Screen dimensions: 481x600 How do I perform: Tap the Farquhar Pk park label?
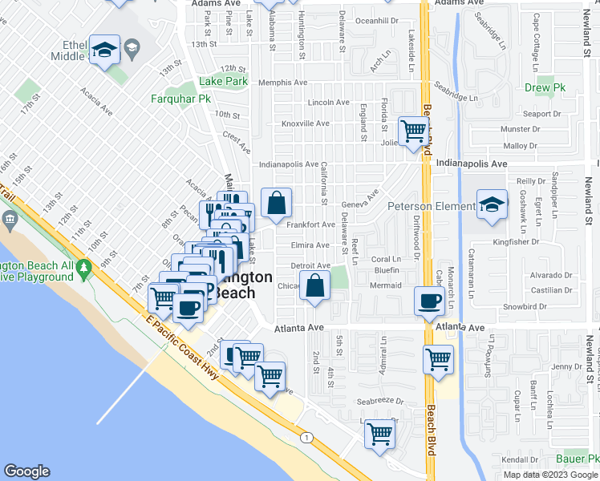(180, 99)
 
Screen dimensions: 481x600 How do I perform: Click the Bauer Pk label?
(578, 459)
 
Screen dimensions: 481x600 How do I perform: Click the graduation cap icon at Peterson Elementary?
(492, 204)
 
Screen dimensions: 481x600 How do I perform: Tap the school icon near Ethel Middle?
(104, 50)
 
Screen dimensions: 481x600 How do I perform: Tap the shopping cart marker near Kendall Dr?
(379, 435)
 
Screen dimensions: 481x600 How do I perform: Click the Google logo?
(26, 471)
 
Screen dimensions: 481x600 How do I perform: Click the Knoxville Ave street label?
(305, 123)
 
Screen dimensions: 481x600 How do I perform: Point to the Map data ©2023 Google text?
(550, 475)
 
